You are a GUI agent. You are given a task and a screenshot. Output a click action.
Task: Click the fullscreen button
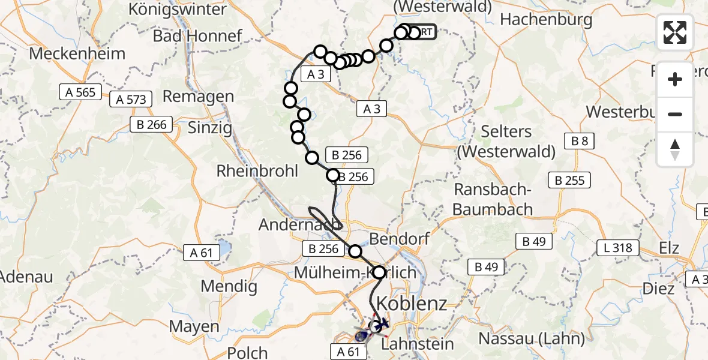[675, 32]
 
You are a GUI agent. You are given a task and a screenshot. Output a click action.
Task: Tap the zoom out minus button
[675, 114]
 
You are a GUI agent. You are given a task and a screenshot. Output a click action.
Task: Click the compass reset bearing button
[675, 149]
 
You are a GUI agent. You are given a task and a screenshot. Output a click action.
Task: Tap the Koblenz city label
[415, 302]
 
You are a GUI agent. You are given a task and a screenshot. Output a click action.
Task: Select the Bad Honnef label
[197, 35]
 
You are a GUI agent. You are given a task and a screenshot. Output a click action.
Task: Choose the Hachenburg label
[538, 19]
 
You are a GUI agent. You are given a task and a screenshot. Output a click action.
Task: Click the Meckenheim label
[77, 53]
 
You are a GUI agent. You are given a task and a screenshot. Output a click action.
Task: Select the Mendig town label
[224, 286]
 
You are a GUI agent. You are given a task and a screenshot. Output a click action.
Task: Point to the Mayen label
[194, 326]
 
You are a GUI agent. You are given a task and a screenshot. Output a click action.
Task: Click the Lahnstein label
[415, 344]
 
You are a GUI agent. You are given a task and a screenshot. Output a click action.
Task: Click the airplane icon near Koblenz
[382, 324]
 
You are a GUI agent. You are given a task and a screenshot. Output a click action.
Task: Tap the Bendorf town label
[400, 239]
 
